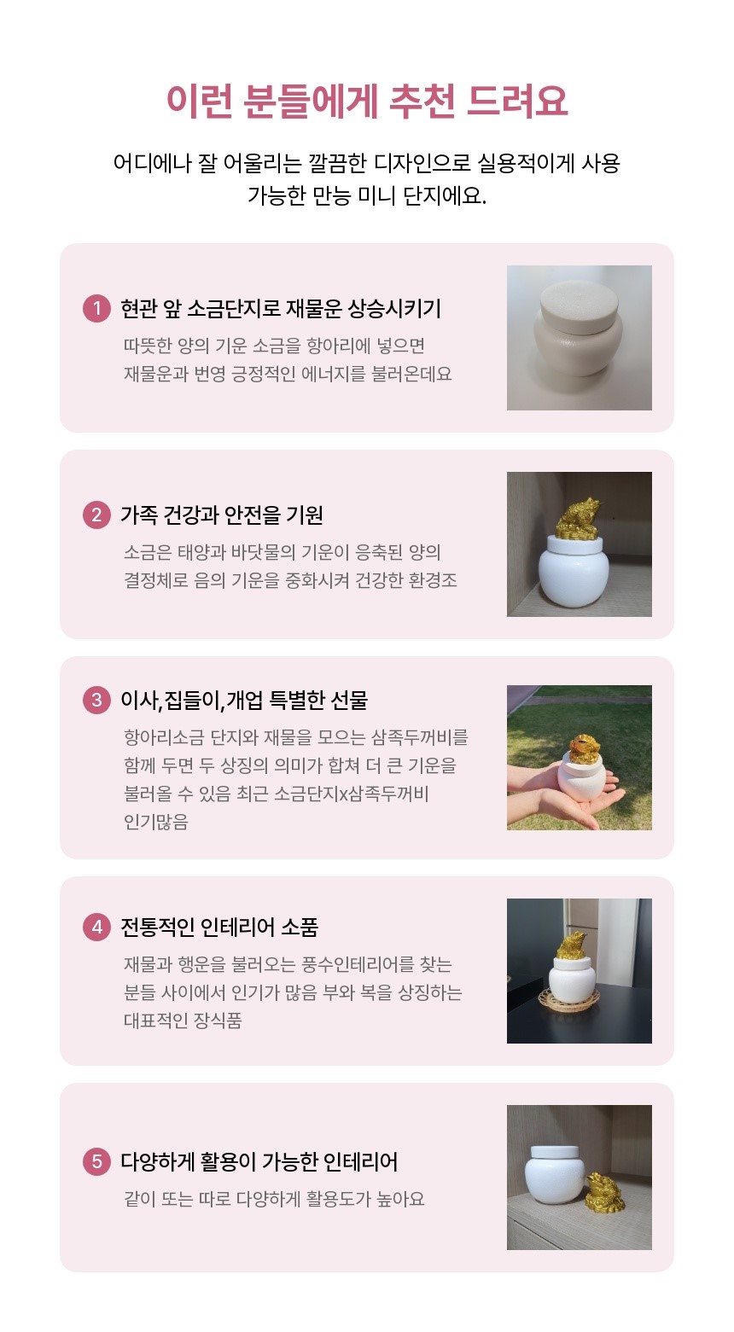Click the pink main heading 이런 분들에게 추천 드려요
366,101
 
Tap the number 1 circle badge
96,309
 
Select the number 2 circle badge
96,515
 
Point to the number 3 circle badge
96,700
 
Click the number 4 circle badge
96,927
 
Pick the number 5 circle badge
96,1161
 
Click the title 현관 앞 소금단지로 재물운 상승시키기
281,309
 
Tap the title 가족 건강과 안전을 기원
222,515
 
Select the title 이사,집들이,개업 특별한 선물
244,700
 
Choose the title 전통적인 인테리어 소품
219,927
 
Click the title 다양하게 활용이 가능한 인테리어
259,1161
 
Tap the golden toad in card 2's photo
578,519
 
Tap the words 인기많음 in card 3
156,822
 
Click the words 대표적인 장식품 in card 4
183,1021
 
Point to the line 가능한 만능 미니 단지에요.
367,195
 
